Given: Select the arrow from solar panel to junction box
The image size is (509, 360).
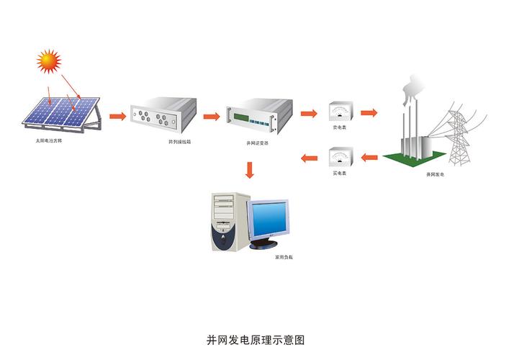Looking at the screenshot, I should click(117, 114).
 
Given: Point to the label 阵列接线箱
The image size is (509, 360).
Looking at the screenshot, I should click(179, 143).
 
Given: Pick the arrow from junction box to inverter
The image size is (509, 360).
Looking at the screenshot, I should click(211, 115).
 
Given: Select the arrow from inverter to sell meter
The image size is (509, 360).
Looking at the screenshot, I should click(309, 114).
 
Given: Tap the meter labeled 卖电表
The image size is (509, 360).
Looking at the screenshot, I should click(339, 113).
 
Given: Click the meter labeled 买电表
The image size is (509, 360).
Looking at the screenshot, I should click(339, 158).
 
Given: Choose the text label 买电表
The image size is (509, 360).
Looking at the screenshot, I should click(339, 174).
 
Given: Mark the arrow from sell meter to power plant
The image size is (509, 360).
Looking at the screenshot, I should click(369, 113).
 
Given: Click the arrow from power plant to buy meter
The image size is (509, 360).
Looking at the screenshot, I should click(369, 158).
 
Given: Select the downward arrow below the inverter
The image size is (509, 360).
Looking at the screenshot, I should click(250, 170).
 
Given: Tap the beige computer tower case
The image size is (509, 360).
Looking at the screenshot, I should click(229, 220).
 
